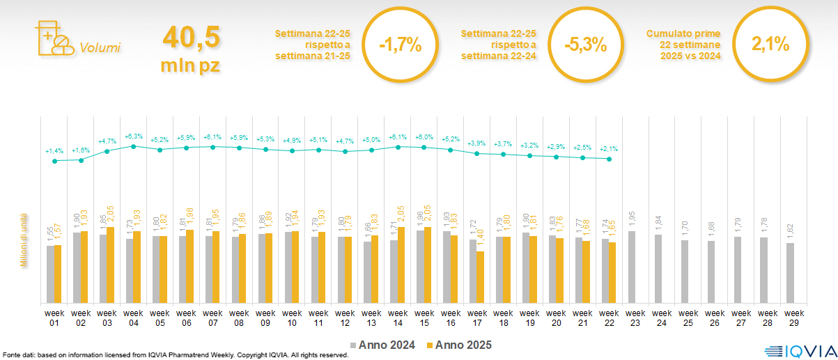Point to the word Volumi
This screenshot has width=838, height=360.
(x=100, y=48)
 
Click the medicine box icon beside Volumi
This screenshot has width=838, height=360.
(x=53, y=38)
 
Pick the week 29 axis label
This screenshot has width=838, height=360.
(x=794, y=318)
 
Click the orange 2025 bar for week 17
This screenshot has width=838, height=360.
(x=481, y=277)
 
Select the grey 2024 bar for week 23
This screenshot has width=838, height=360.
(x=632, y=267)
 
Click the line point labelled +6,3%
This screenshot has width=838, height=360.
(x=134, y=146)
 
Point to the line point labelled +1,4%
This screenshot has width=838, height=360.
(x=55, y=161)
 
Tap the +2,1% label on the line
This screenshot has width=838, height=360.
(x=609, y=148)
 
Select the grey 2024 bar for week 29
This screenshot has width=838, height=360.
(x=790, y=273)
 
